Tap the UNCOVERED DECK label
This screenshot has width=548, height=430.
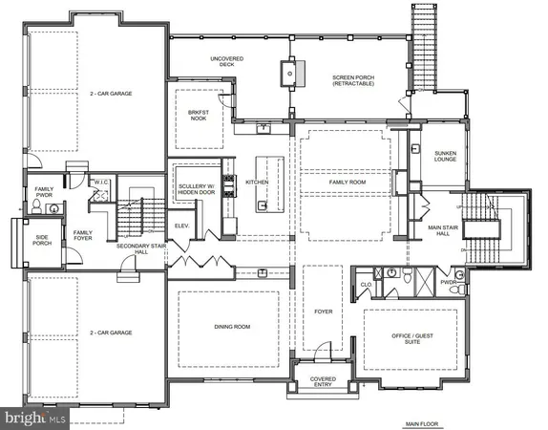coord(228,62)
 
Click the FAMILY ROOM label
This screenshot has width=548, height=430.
coord(344,182)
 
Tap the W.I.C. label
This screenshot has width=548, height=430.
coord(100,182)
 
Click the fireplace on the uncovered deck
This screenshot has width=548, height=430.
coord(286,73)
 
